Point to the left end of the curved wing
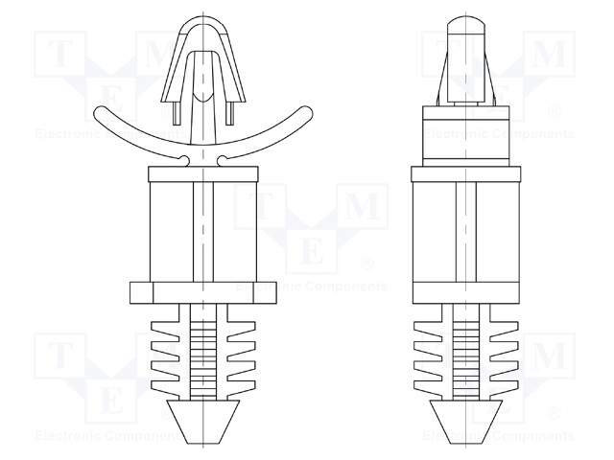tap(103, 116)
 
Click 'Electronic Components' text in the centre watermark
tap(312, 287)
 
